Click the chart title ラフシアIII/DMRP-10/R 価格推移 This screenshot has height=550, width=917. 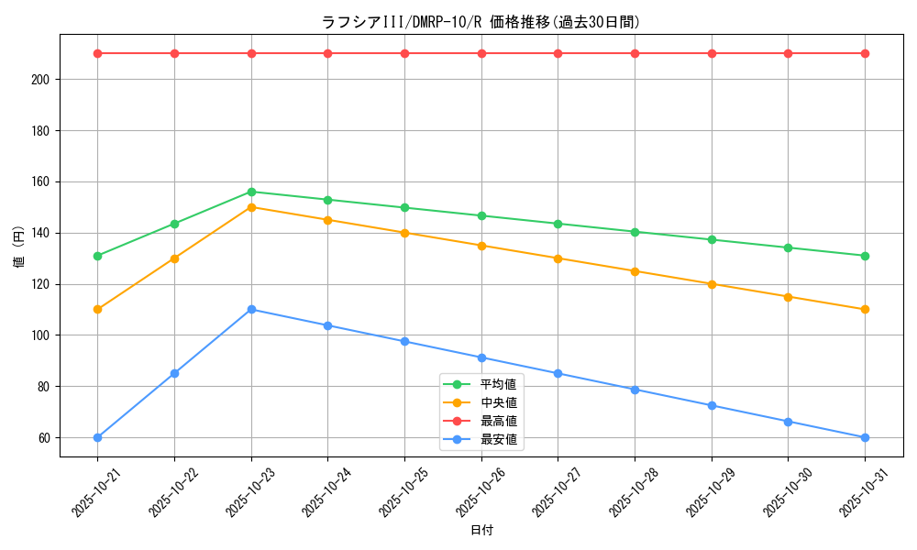coord(481,22)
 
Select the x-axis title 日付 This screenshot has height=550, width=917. coord(481,531)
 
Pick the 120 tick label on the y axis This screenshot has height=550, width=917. coord(42,284)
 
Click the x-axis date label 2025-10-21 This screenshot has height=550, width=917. coord(90,491)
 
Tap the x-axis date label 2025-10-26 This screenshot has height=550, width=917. coord(474,491)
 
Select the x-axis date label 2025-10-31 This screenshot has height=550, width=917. coord(858,491)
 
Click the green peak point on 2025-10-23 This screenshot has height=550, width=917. coord(251,192)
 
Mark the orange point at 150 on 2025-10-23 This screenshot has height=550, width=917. coord(251,207)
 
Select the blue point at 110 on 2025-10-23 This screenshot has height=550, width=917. coord(251,310)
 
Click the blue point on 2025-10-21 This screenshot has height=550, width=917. coord(97,437)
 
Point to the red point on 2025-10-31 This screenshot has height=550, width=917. coord(865,53)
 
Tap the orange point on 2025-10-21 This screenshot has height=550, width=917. coord(97,310)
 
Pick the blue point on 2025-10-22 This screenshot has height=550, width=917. coord(174,373)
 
